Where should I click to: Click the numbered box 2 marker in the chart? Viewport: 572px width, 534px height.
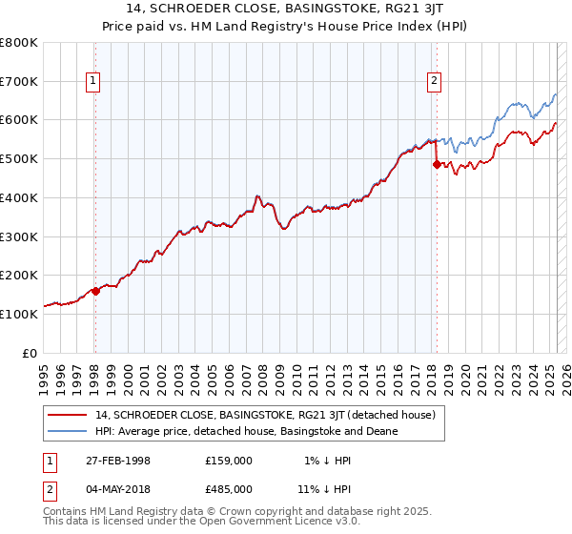point(435,82)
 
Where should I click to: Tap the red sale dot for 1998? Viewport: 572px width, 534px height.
point(95,291)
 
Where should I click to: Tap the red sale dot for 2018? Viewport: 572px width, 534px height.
point(437,164)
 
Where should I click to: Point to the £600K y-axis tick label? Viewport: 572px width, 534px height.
point(20,120)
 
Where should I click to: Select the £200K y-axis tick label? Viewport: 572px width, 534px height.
point(20,275)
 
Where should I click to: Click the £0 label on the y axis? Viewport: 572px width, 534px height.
point(29,353)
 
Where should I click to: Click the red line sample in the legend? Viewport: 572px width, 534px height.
point(68,415)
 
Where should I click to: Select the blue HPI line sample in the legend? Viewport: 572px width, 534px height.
point(68,431)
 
